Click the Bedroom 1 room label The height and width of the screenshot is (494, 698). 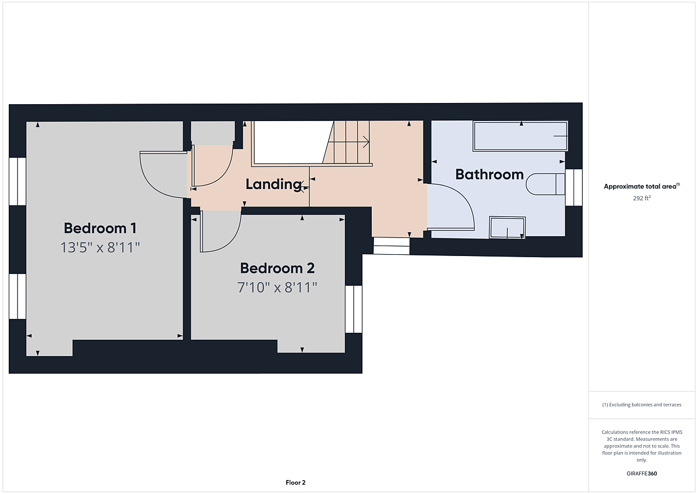click(100, 228)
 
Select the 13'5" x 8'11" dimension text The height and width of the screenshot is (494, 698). click(100, 247)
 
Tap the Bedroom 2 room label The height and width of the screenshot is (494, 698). click(277, 268)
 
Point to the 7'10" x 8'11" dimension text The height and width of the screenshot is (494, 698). click(277, 287)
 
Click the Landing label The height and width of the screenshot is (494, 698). click(274, 184)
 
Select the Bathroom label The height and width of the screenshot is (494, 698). click(490, 174)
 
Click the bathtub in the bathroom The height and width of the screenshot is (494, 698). click(521, 136)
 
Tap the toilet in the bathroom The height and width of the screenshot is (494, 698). click(546, 184)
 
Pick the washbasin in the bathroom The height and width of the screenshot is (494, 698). click(507, 228)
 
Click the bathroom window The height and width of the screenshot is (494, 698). click(574, 187)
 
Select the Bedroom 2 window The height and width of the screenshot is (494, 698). click(354, 309)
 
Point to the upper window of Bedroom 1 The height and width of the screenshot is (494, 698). click(17, 182)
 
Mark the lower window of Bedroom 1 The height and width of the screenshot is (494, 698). click(17, 296)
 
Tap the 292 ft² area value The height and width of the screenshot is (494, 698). click(642, 198)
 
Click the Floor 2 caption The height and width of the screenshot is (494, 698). click(295, 482)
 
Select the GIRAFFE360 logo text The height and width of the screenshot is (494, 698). click(642, 474)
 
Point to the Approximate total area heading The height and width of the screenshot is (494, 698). click(642, 186)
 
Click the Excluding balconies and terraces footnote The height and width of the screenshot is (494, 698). click(642, 404)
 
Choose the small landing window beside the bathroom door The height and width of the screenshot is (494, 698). click(391, 246)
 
